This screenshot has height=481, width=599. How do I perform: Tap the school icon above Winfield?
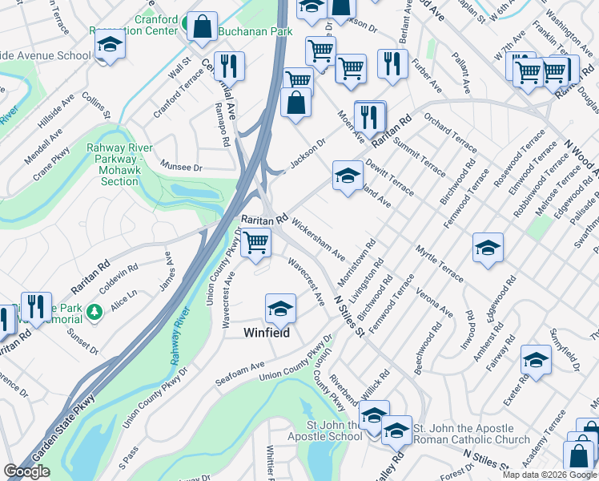point(280,308)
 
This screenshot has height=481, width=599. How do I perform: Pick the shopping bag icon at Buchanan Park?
point(202,26)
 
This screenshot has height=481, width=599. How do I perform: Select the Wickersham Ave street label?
point(318,236)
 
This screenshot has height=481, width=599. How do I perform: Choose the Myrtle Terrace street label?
point(438,264)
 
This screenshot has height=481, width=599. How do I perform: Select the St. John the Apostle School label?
point(324,431)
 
